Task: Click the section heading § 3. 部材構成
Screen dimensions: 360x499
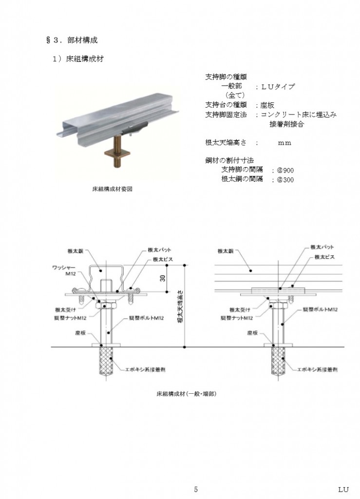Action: (x=72, y=40)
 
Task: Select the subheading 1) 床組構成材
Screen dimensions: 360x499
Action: (x=78, y=59)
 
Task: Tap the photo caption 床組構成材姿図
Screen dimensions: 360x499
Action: (x=112, y=189)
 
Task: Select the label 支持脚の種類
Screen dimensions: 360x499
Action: (x=226, y=77)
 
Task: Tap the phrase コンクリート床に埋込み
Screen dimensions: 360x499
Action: (x=299, y=115)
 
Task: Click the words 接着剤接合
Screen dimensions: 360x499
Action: (x=286, y=124)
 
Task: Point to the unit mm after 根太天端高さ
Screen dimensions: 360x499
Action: (x=284, y=143)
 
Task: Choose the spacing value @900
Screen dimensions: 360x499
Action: (x=285, y=171)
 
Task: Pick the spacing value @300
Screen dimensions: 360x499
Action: (x=285, y=180)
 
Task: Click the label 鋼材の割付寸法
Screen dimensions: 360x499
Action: (x=229, y=160)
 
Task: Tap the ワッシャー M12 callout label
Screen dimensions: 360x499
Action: (x=64, y=270)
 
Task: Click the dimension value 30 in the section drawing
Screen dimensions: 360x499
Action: (x=163, y=278)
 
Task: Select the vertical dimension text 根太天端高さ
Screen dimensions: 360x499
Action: (x=180, y=306)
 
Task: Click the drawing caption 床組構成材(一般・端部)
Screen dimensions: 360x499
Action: (x=187, y=394)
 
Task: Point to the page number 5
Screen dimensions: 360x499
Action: (x=195, y=489)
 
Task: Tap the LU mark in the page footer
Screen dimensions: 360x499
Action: (x=343, y=489)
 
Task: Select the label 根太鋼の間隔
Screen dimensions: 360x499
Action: (x=242, y=179)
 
